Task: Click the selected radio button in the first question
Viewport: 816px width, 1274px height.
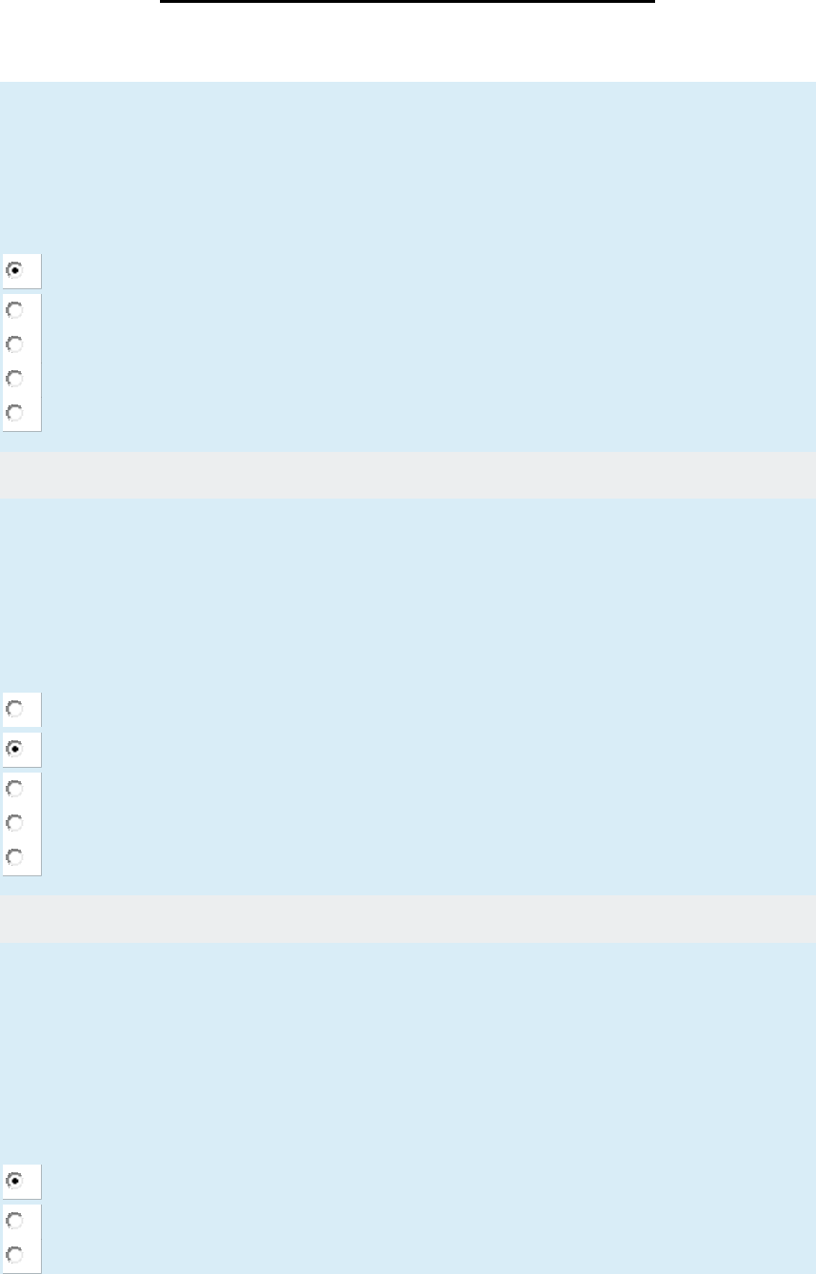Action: (x=14, y=270)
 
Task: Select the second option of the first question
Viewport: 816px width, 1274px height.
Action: (x=14, y=309)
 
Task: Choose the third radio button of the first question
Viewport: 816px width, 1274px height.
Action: (x=14, y=343)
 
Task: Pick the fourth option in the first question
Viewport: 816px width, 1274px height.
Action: (x=14, y=378)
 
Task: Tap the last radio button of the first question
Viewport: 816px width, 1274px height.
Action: (x=14, y=413)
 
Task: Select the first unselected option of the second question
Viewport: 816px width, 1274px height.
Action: (x=14, y=709)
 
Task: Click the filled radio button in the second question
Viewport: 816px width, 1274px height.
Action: (x=14, y=749)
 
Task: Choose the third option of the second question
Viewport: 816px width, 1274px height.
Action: (x=14, y=788)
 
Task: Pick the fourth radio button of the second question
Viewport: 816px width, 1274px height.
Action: (x=14, y=822)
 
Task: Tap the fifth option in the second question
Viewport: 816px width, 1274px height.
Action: (x=14, y=856)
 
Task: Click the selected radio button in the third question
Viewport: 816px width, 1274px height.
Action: (x=14, y=1180)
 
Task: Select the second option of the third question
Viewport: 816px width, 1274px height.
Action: (x=14, y=1219)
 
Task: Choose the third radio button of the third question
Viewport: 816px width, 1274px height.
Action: (x=14, y=1253)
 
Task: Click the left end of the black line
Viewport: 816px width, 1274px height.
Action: (x=162, y=2)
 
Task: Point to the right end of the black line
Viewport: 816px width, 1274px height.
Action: (x=654, y=2)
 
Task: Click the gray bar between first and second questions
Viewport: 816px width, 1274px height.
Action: (x=408, y=475)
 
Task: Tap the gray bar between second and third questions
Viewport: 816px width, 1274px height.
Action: (x=408, y=919)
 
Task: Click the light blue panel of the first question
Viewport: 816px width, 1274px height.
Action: (x=408, y=162)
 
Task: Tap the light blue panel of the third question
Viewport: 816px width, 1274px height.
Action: (x=408, y=1047)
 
